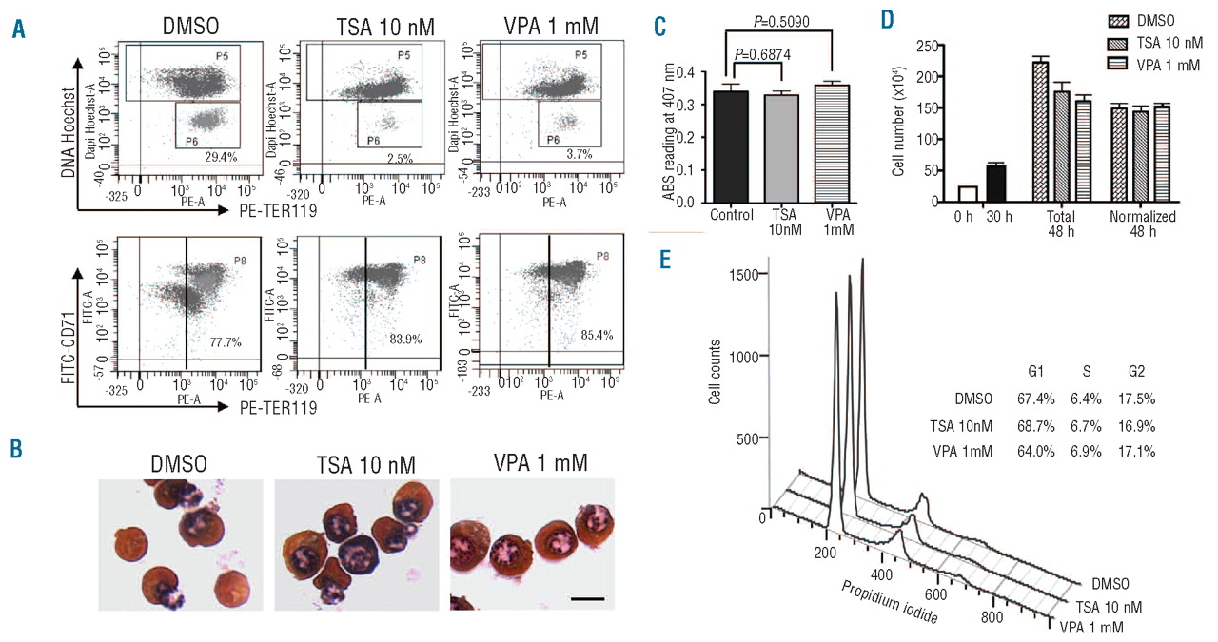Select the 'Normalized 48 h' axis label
coord(1143,224)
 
